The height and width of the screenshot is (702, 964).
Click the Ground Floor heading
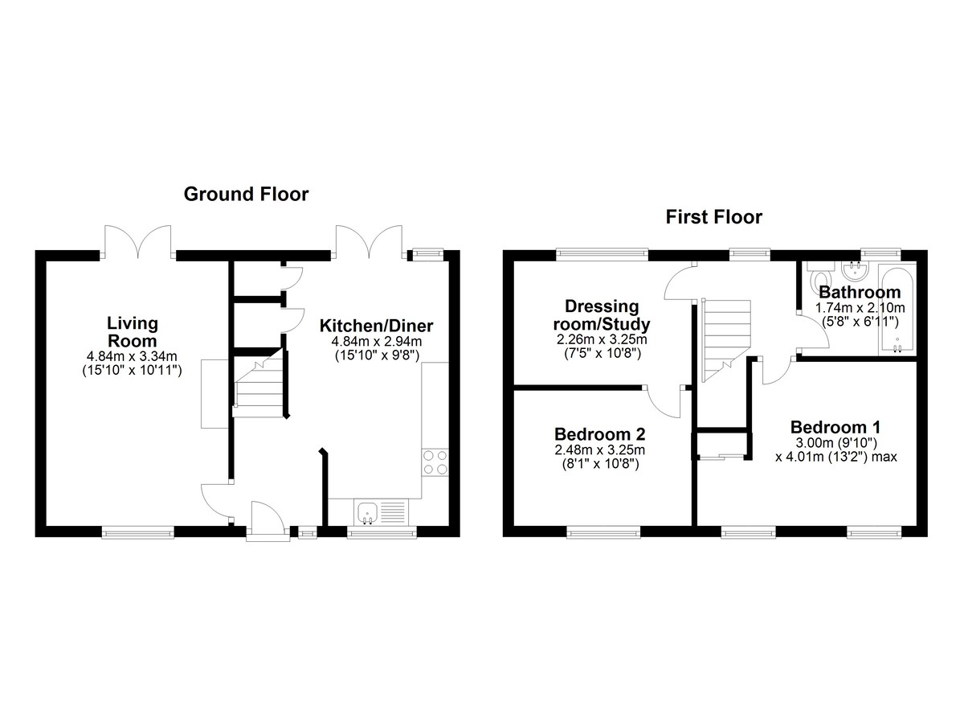[246, 195]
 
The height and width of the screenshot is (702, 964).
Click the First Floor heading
[714, 217]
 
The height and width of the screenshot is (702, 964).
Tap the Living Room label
[132, 331]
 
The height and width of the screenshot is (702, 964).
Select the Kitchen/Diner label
[376, 326]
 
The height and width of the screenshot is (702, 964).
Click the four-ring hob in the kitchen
[435, 462]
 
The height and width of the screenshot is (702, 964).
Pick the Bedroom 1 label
[835, 427]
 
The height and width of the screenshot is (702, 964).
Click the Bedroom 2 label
[599, 434]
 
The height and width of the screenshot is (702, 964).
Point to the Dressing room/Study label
[602, 315]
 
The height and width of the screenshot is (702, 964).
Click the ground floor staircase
[259, 384]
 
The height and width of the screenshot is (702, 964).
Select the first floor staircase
[725, 340]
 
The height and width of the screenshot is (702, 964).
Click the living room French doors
[137, 241]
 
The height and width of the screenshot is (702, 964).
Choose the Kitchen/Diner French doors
[370, 241]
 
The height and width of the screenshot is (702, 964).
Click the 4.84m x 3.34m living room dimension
[132, 356]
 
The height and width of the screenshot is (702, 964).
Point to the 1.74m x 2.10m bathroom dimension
[860, 308]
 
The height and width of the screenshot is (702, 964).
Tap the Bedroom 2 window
[603, 534]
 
